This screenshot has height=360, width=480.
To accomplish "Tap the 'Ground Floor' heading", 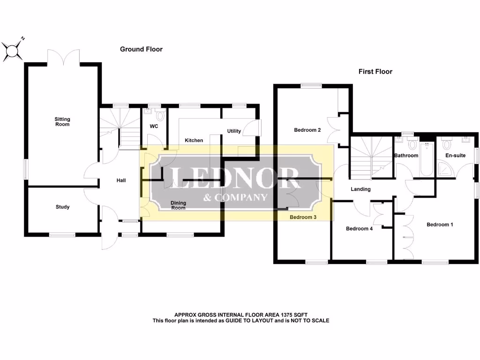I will tap(141, 49).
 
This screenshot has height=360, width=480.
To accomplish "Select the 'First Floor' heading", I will tap(375, 72).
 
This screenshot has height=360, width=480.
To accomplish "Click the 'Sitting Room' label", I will tap(62, 122).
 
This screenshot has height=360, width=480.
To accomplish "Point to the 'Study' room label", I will tap(62, 207).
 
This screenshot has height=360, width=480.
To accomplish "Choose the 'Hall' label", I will tap(121, 180).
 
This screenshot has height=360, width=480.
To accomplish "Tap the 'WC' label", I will tap(154, 127).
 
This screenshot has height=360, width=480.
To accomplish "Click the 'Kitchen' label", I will tap(194, 141).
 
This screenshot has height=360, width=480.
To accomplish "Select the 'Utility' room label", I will tap(234, 131).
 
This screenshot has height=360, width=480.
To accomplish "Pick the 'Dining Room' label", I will tap(178, 205).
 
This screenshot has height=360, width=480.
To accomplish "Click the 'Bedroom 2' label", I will tap(307, 130).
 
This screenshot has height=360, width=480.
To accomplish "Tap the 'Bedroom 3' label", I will tap(303, 217).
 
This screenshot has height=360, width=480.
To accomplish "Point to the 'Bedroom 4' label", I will tap(360, 229).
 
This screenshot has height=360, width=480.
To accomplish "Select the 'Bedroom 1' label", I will tap(440, 225).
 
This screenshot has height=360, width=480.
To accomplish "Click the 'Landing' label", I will tap(360, 189).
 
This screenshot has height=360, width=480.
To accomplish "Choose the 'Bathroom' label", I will tap(406, 156).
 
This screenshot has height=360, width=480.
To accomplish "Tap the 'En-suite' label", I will tap(455, 155).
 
